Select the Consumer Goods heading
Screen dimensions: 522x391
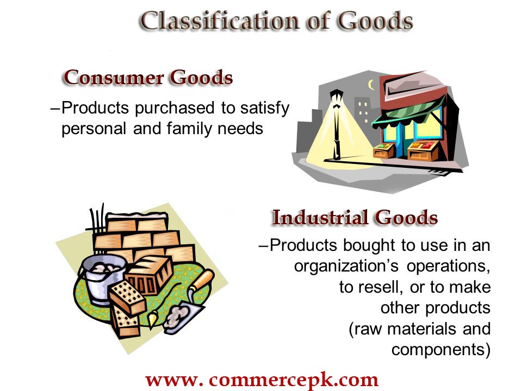(x=148, y=78)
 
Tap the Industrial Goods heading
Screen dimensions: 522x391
(x=355, y=217)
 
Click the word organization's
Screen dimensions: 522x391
(x=346, y=266)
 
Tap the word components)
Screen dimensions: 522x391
(x=441, y=350)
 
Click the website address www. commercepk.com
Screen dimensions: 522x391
(x=262, y=380)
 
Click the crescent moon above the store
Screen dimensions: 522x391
(x=370, y=85)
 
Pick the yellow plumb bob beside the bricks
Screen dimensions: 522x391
(x=152, y=318)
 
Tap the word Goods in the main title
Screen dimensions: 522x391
(x=376, y=21)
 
